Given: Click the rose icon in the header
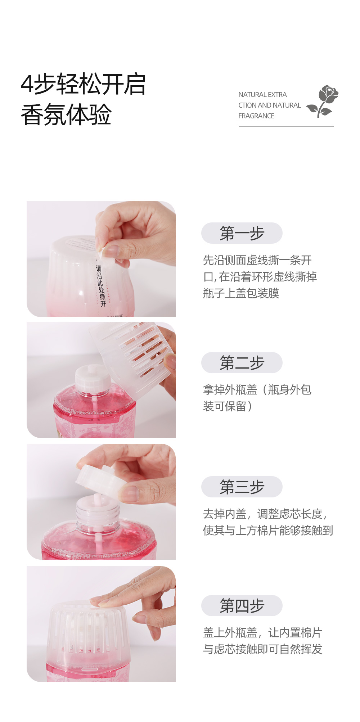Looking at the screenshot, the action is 323,101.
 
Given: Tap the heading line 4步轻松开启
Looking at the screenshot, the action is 83,84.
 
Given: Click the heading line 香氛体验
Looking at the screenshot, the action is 66,115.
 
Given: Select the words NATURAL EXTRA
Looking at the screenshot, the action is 262,95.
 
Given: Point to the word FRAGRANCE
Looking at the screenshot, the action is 256,116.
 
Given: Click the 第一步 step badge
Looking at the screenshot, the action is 242,233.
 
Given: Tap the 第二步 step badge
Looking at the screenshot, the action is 242,362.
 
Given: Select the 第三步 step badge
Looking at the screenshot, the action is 242,487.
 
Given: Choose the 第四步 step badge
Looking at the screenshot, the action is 242,605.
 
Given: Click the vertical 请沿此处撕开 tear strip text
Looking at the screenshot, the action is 101,286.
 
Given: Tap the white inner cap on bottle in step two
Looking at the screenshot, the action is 93,378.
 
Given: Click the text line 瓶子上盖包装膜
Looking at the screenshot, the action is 241,293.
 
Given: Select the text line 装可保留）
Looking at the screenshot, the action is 228,406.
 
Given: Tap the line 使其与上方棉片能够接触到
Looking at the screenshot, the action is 268,531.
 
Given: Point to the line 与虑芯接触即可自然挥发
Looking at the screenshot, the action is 263,649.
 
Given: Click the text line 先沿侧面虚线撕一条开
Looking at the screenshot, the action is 257,260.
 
